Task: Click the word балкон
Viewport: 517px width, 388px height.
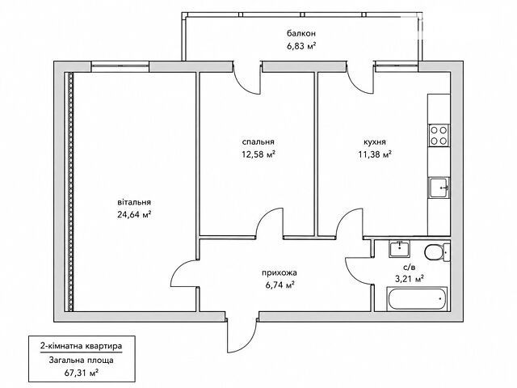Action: [x=301, y=34]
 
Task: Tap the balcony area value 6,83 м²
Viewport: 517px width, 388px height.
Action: [x=301, y=46]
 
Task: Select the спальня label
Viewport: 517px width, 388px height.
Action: [x=258, y=142]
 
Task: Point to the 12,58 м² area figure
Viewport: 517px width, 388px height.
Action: [x=258, y=154]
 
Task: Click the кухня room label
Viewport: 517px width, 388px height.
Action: [x=375, y=142]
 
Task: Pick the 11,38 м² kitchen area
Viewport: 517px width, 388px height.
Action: [x=375, y=154]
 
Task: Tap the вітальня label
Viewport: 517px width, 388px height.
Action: [x=134, y=202]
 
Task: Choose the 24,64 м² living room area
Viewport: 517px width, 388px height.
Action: [x=134, y=214]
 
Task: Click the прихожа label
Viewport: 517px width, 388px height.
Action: [x=280, y=273]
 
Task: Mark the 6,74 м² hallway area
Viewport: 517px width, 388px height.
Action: [x=280, y=285]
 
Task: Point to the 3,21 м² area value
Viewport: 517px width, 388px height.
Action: [x=410, y=280]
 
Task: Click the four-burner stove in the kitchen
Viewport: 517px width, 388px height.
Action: [x=439, y=135]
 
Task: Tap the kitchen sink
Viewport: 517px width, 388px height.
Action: [x=439, y=188]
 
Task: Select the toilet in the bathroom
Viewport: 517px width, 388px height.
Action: [x=437, y=252]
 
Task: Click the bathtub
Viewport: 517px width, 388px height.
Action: [x=417, y=299]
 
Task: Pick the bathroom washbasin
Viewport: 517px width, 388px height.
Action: [x=399, y=249]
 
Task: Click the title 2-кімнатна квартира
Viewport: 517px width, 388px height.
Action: [x=81, y=346]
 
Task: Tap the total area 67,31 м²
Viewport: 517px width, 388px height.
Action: [x=81, y=373]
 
